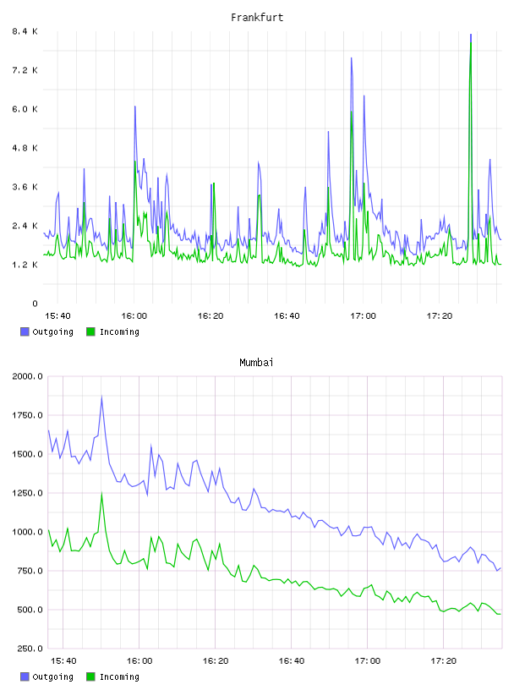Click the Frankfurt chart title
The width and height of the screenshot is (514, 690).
pos(257,18)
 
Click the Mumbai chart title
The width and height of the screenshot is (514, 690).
pos(256,363)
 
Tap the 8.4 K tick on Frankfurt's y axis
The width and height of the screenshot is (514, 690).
pos(25,31)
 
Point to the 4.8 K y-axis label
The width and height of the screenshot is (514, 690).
pos(25,148)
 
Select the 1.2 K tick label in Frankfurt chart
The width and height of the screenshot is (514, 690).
pos(25,265)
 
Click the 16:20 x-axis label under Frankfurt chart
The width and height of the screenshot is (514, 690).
pos(211,316)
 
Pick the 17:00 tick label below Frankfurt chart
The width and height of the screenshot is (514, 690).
pos(363,316)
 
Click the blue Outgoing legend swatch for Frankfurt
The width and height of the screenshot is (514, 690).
pos(25,331)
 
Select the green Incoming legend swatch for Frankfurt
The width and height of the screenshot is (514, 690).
pos(90,331)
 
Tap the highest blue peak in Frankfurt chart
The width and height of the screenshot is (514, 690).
pos(471,35)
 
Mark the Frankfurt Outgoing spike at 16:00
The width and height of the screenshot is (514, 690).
pos(135,107)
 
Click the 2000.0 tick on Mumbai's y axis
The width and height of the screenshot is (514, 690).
pos(27,376)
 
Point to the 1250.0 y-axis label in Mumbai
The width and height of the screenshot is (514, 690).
pos(27,493)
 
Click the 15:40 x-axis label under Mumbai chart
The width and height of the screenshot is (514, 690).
pos(63,661)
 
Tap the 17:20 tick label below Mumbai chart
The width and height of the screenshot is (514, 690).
pos(444,661)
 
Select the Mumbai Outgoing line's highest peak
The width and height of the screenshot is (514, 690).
pos(101,397)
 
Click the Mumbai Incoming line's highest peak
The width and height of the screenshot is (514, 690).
pos(101,493)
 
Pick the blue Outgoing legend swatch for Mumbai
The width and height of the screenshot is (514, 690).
pos(25,676)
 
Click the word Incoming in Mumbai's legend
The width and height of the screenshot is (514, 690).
pos(119,676)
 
